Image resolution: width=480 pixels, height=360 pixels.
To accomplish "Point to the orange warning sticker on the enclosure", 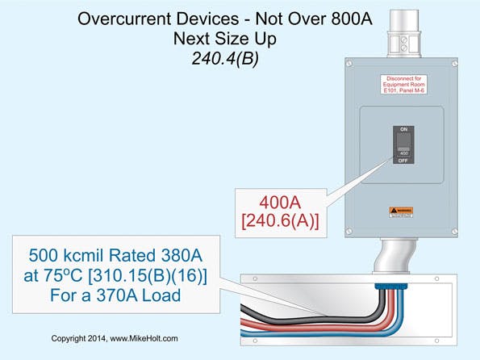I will click(x=401, y=211).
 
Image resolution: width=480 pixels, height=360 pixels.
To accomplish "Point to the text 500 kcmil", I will click(x=82, y=257).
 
